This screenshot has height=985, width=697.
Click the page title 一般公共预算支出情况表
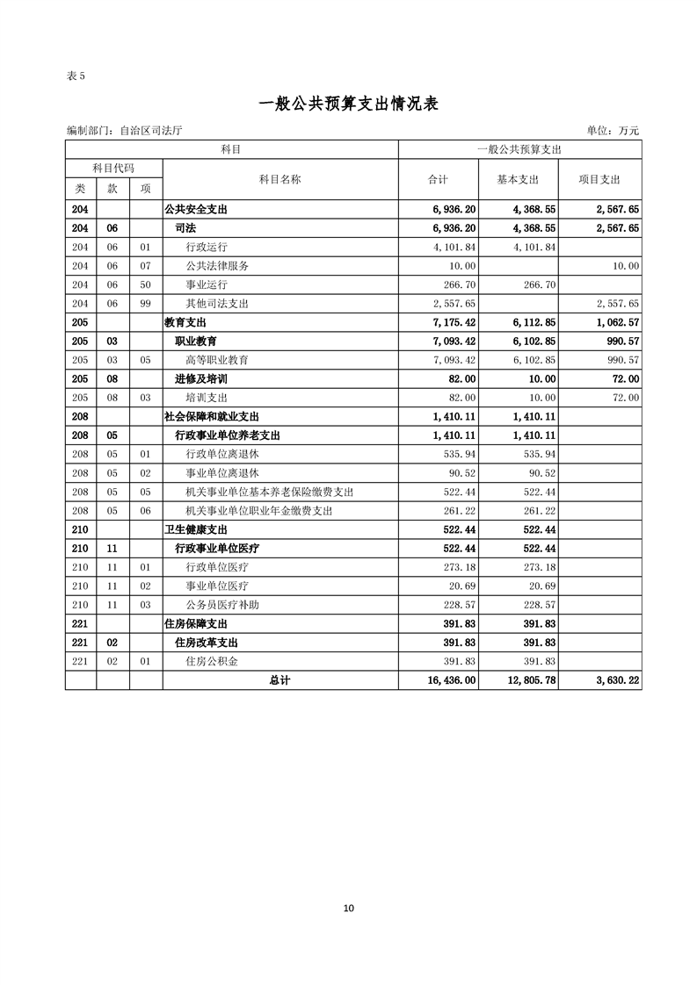[348, 104]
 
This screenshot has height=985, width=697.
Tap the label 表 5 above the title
[76, 75]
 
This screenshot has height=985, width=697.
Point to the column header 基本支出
[518, 179]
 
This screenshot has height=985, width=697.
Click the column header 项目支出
[599, 179]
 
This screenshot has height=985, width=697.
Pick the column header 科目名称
[280, 179]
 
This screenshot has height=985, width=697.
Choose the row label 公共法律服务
[217, 265]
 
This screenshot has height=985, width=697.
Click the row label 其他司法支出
[217, 303]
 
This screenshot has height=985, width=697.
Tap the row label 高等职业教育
[217, 360]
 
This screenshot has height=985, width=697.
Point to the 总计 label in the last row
[280, 680]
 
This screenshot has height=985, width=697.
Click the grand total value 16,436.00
[448, 680]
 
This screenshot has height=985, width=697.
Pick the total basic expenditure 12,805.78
[527, 680]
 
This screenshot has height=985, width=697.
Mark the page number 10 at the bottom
[349, 908]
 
